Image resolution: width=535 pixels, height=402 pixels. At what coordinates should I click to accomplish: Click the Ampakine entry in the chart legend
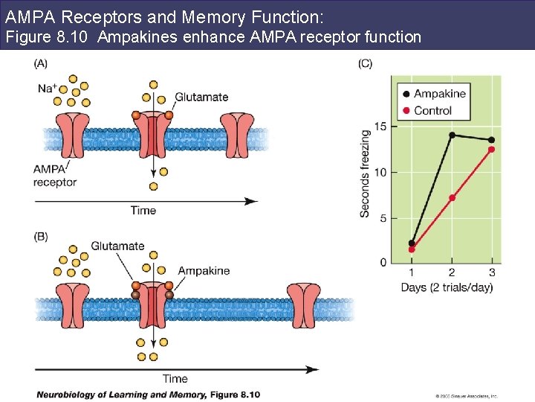[x=439, y=94]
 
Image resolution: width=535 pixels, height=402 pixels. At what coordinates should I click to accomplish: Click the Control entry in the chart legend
[x=432, y=110]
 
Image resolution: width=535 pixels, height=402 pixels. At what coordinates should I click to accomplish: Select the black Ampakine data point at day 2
[x=452, y=135]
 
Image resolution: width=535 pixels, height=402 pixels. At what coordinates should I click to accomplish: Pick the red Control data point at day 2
[x=452, y=198]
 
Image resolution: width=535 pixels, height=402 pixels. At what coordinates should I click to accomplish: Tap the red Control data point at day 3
[x=491, y=150]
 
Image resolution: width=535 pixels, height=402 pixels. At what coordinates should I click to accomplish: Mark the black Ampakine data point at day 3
[x=491, y=140]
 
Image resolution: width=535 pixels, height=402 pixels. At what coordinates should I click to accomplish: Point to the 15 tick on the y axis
[x=380, y=127]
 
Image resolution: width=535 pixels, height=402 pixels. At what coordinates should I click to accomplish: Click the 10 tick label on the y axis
[x=380, y=172]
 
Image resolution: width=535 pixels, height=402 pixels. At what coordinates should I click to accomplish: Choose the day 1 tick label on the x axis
[x=412, y=272]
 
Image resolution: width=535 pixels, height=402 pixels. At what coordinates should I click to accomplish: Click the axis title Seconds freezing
[x=365, y=173]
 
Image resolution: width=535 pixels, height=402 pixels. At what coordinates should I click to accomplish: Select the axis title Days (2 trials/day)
[x=447, y=287]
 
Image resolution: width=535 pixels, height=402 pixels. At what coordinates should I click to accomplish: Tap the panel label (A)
[x=42, y=63]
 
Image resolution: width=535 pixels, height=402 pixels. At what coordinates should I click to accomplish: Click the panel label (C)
[x=366, y=63]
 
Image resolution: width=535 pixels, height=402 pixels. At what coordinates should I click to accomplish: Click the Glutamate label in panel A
[x=201, y=98]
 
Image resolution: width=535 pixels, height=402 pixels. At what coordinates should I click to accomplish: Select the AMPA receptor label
[x=54, y=176]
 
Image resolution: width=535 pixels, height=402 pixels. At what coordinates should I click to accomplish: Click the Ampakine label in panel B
[x=204, y=271]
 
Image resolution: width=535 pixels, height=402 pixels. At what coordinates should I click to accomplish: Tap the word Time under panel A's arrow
[x=143, y=211]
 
